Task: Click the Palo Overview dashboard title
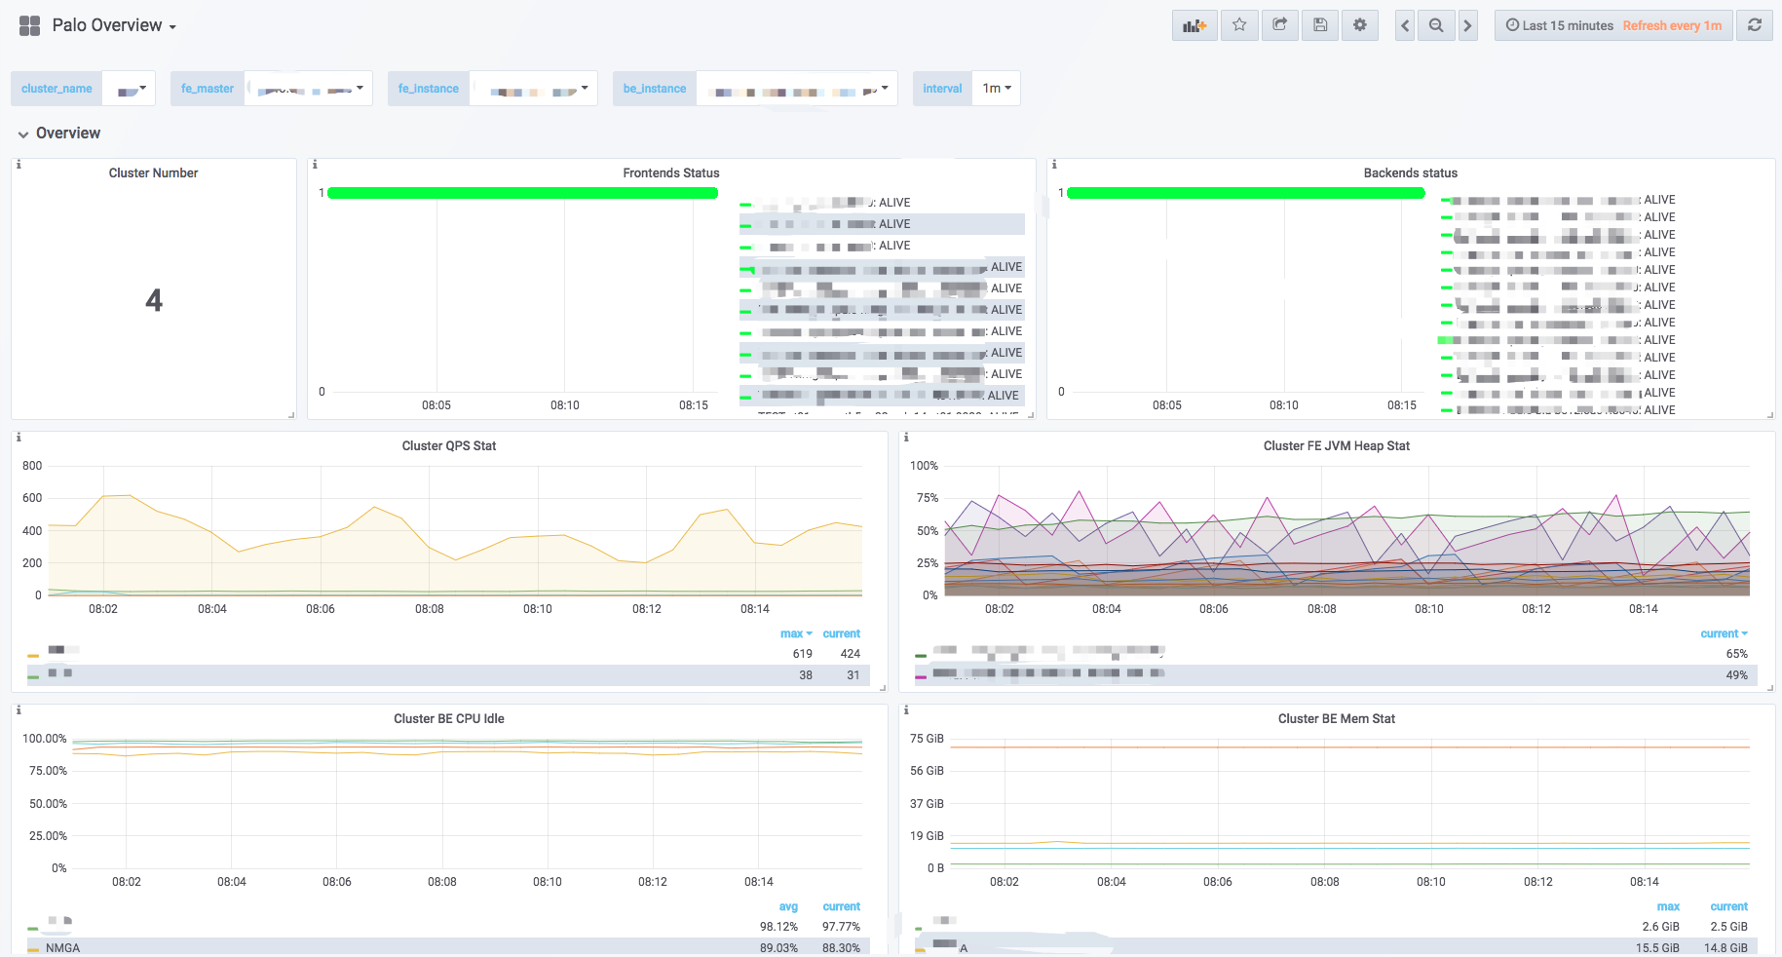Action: (x=107, y=25)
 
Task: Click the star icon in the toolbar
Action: (x=1239, y=25)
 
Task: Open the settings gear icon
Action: (x=1360, y=25)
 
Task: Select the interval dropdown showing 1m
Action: (x=996, y=88)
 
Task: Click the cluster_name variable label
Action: (x=57, y=88)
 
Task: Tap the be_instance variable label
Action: (x=655, y=88)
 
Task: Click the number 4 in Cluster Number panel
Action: (x=154, y=300)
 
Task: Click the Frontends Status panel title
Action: (x=671, y=172)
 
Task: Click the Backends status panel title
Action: (x=1410, y=172)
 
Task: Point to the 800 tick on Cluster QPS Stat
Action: (x=32, y=466)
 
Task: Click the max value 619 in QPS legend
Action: (x=802, y=654)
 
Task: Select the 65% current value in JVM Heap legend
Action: (x=1736, y=654)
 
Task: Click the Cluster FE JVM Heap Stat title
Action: (x=1336, y=445)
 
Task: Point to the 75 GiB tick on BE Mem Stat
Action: (x=927, y=739)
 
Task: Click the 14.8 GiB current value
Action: (x=1725, y=947)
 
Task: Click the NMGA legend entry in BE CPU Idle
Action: (x=62, y=947)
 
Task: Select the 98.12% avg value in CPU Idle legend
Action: (x=778, y=927)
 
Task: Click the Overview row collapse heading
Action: (x=67, y=134)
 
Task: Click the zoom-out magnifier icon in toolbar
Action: (x=1436, y=25)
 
